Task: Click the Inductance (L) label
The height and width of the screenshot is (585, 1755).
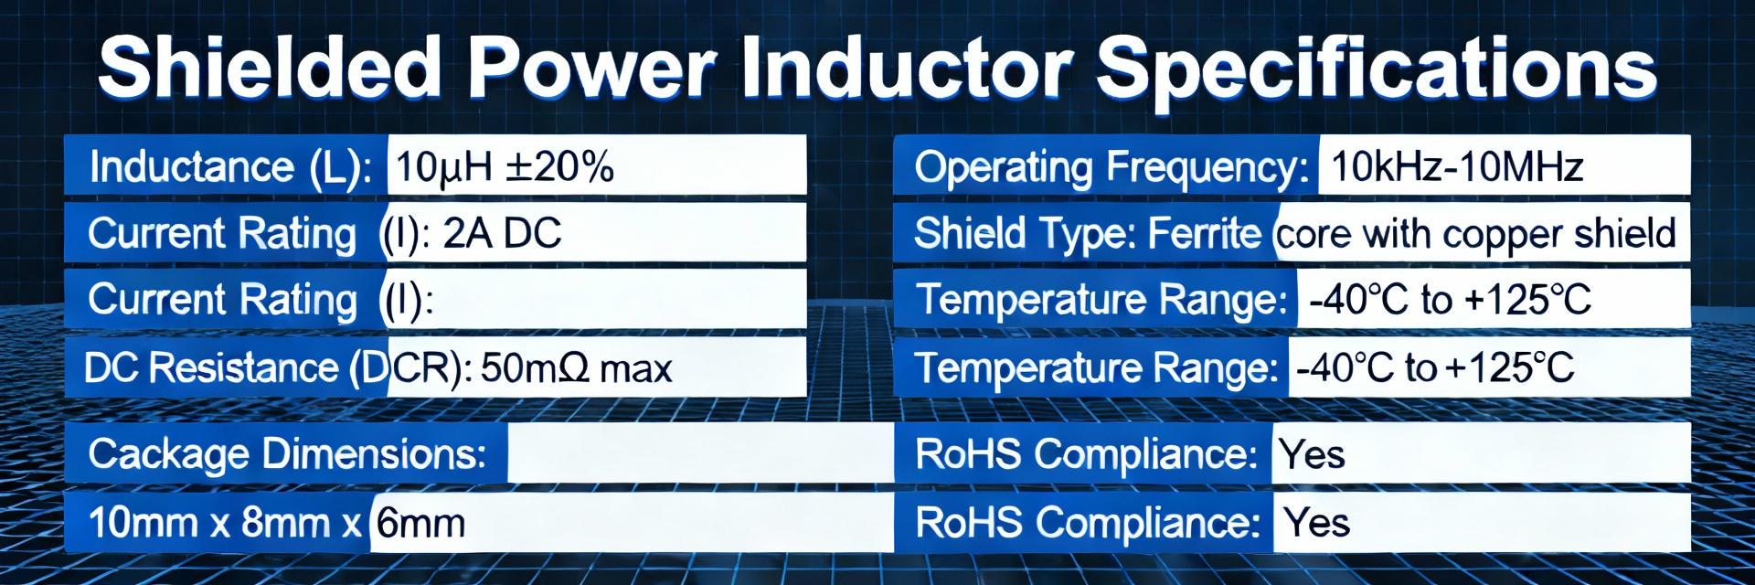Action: pos(231,167)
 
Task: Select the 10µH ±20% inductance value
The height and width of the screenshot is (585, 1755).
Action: pos(504,166)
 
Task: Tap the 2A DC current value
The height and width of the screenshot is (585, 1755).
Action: pos(502,233)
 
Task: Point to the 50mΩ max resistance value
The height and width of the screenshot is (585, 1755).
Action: pos(577,368)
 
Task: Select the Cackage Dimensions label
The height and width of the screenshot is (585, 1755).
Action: pos(287,454)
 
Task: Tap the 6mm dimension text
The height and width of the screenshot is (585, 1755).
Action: pos(420,524)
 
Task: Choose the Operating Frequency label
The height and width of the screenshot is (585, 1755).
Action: pos(1112,168)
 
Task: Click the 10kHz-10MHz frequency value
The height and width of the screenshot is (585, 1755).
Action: pos(1457,167)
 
